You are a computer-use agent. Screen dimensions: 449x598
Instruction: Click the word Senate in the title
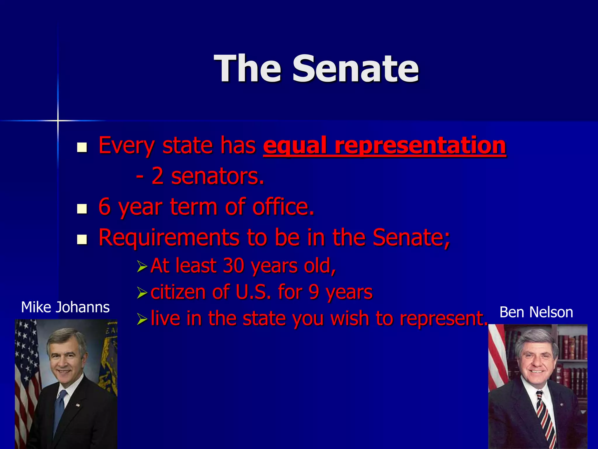tap(356, 69)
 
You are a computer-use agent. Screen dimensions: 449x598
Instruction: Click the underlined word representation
tap(420, 145)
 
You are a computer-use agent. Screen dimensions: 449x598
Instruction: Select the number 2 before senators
tap(157, 176)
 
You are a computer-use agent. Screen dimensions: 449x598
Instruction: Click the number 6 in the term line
tap(105, 207)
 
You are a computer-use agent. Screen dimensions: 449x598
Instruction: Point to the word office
tap(283, 207)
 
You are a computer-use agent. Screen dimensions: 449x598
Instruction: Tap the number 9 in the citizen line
tap(314, 292)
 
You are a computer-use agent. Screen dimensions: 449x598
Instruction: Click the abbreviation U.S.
tap(253, 292)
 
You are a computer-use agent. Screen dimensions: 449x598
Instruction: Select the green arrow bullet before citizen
tap(142, 293)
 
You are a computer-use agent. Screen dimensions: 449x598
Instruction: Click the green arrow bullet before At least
tap(142, 266)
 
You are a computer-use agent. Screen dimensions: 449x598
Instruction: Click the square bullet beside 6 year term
tap(82, 209)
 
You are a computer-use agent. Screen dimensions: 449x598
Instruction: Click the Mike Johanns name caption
tap(65, 307)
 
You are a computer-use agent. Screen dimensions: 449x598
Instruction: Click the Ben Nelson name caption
tap(536, 312)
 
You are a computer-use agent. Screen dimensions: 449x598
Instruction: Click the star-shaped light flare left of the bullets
tap(58, 120)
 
